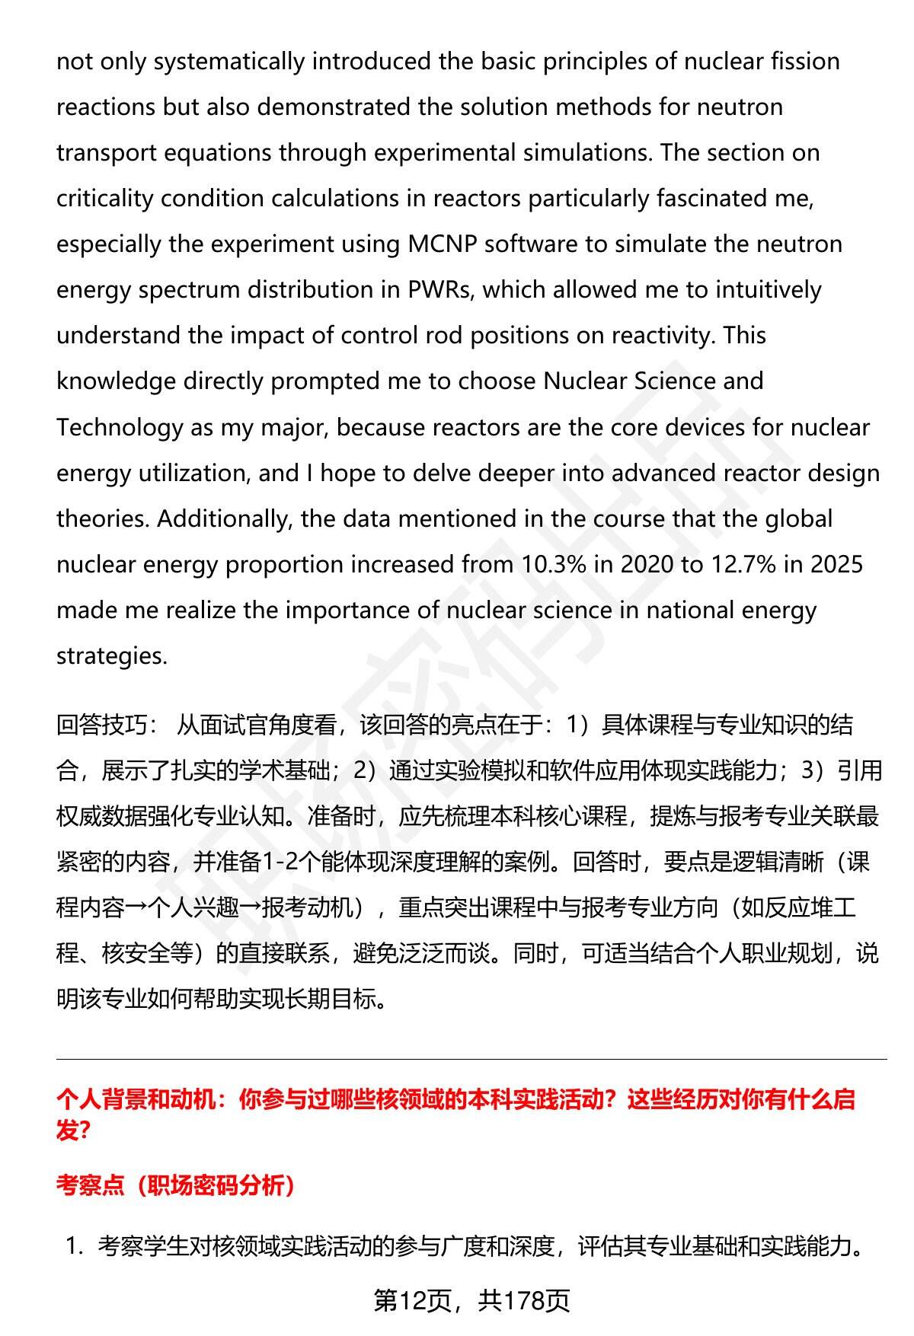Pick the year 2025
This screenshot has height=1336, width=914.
(836, 565)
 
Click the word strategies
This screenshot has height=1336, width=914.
(111, 656)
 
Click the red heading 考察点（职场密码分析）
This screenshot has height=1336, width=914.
(176, 1185)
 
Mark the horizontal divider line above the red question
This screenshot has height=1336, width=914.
(471, 1059)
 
